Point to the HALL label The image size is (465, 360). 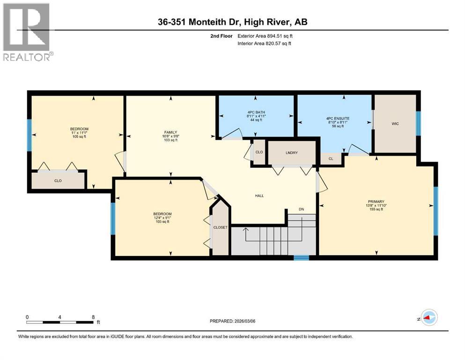tap(259, 195)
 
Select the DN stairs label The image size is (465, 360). tap(302, 209)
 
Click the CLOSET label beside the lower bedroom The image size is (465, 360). tap(220, 227)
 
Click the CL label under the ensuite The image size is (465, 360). tap(331, 159)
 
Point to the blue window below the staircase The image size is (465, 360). tap(301, 257)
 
